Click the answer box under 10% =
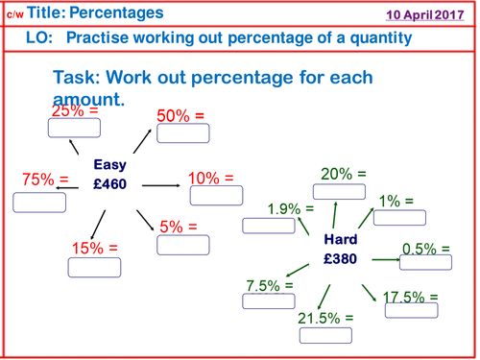point(215,195)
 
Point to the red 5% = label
point(178,227)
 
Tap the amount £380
point(341,259)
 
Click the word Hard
point(341,239)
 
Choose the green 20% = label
point(343,174)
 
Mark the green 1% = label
point(395,201)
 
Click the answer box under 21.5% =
point(324,335)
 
